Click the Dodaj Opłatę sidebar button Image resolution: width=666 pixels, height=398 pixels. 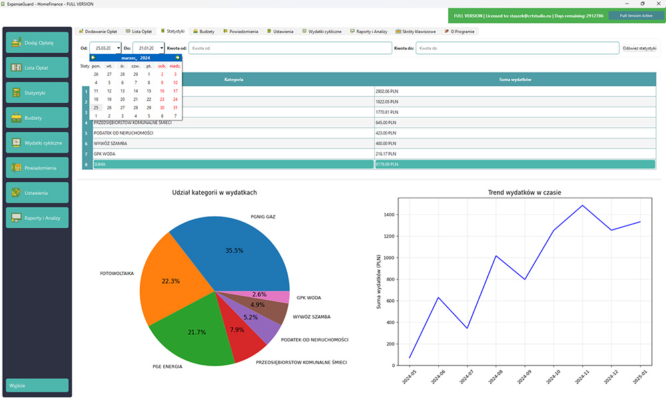click(x=37, y=43)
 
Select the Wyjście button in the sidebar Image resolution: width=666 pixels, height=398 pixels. click(x=37, y=385)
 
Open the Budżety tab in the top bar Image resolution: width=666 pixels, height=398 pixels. click(x=203, y=31)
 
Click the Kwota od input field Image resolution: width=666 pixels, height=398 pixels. click(x=290, y=48)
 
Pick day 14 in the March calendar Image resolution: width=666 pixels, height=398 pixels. click(x=135, y=91)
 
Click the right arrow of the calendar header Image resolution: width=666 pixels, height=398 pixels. click(x=177, y=58)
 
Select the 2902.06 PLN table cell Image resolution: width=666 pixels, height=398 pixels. click(x=514, y=91)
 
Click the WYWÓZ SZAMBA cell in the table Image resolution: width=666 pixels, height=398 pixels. click(x=233, y=143)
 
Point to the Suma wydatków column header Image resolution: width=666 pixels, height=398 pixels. click(x=514, y=79)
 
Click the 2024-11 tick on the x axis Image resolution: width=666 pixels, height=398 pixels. click(x=582, y=381)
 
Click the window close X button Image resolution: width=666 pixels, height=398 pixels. click(x=657, y=4)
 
